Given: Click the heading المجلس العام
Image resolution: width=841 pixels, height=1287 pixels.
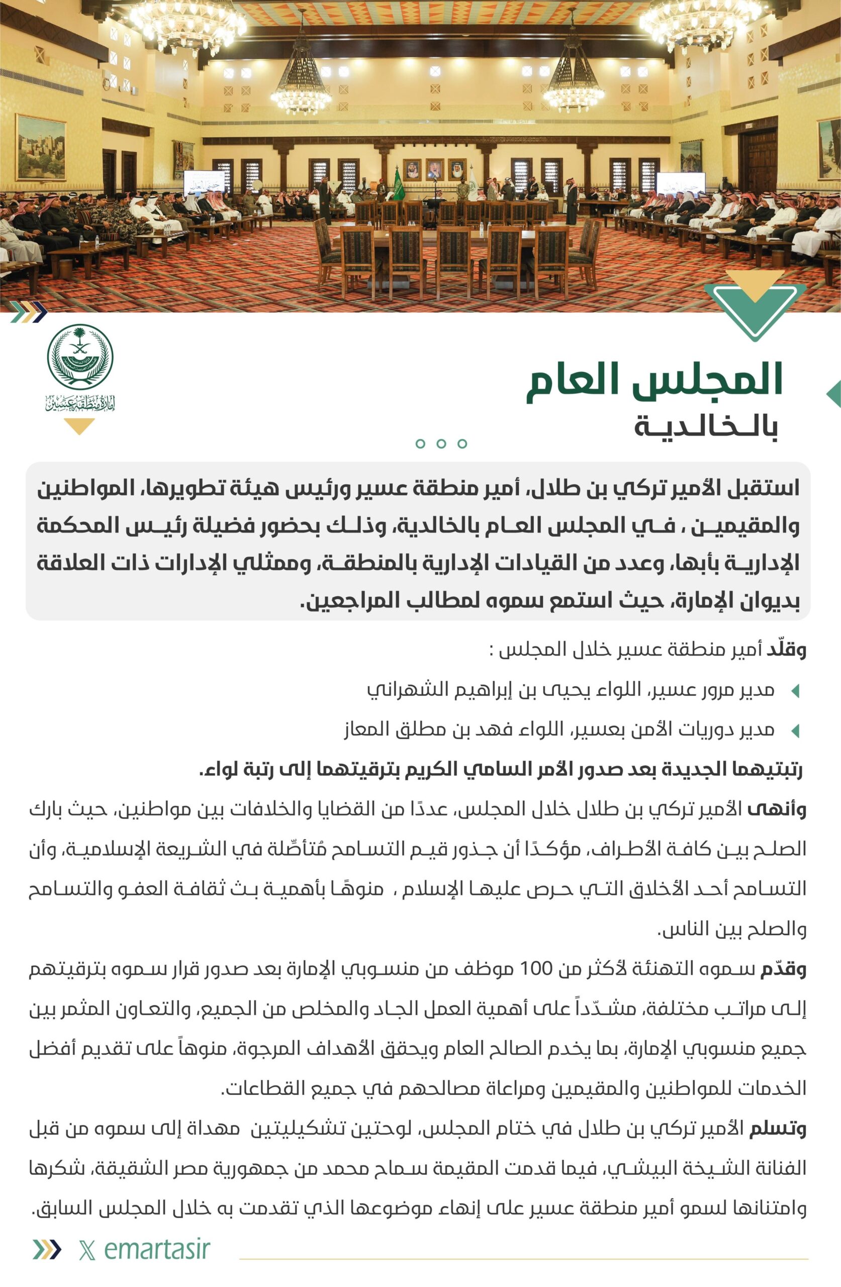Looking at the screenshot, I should [655, 380].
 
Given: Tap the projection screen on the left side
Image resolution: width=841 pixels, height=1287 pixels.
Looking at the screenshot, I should [205, 183].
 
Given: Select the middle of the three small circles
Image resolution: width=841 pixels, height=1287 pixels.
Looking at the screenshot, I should [441, 444].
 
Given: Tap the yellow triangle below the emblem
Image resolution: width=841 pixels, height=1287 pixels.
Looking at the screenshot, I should [79, 426].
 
